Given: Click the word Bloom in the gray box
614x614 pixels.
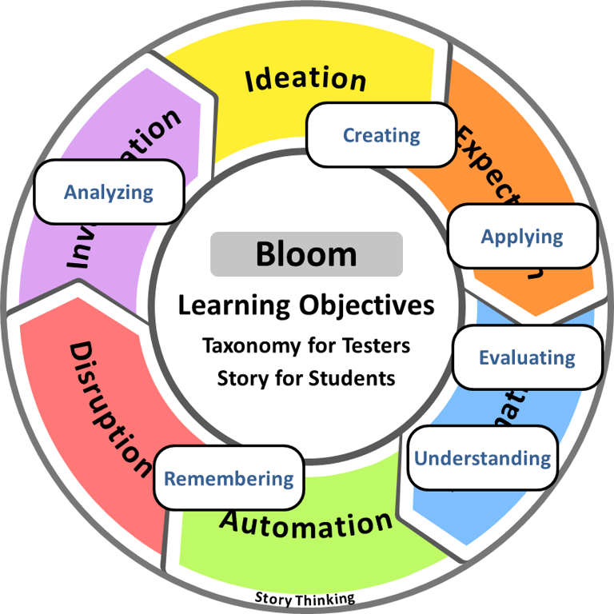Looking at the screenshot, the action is point(306,254).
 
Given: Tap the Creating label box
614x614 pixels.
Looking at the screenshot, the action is point(381,135).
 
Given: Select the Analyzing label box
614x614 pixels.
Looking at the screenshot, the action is point(109,192).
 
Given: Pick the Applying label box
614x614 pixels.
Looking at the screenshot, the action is point(522,236).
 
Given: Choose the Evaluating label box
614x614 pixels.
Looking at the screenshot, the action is point(527,357).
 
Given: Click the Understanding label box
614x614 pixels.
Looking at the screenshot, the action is point(482,458).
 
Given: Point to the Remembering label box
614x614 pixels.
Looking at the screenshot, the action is point(229,479).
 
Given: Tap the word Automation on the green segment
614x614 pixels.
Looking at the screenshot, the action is point(306,524).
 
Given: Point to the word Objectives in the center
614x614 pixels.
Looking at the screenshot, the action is point(367,305).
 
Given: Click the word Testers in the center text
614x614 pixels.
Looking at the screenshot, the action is point(377,346).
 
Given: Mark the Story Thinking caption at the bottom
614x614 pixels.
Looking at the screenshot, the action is point(305,598).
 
